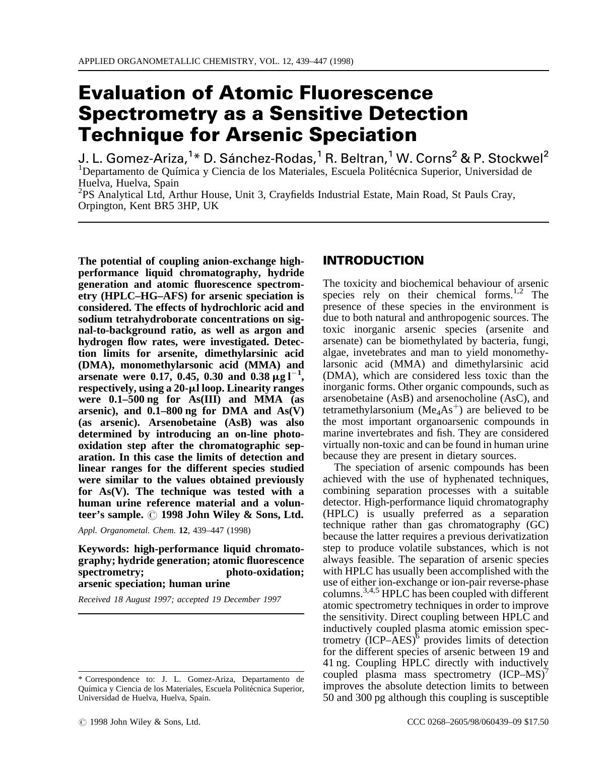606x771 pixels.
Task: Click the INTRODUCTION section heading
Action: (x=373, y=261)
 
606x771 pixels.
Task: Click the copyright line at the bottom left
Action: (x=140, y=722)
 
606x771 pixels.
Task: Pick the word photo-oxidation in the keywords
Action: (x=264, y=572)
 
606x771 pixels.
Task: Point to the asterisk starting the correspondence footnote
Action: (x=81, y=679)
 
